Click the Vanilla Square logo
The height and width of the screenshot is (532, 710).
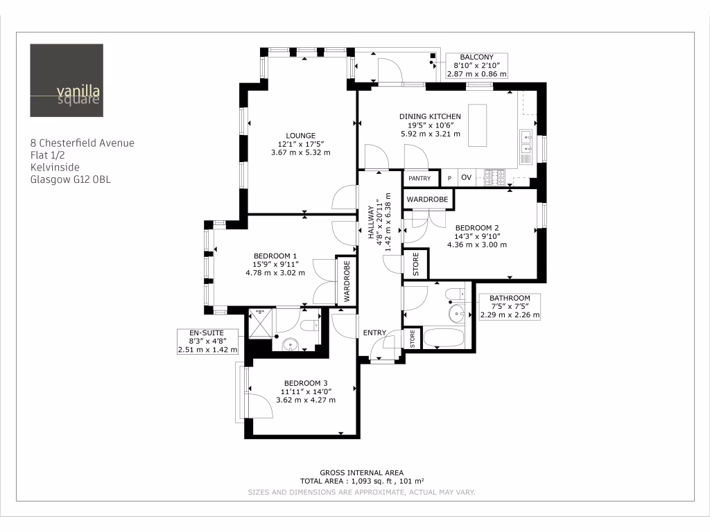(x=67, y=80)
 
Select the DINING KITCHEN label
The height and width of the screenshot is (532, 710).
(x=430, y=116)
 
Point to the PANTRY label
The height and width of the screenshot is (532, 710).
(x=419, y=179)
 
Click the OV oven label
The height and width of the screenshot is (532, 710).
(x=466, y=178)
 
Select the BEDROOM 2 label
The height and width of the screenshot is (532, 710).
(x=477, y=228)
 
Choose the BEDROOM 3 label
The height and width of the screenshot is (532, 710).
(x=306, y=383)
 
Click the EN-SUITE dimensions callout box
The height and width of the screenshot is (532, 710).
(x=207, y=342)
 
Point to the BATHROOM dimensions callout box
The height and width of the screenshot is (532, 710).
(x=510, y=306)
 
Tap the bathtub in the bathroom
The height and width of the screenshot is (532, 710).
(x=446, y=339)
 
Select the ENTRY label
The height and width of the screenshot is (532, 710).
(x=374, y=333)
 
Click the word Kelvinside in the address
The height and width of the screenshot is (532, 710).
(x=55, y=167)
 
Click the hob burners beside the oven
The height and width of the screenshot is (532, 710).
(x=495, y=177)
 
